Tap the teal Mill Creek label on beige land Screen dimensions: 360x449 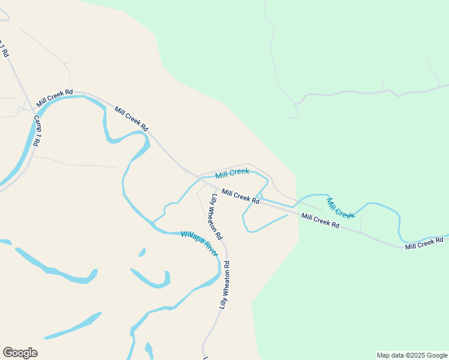coord(232,173)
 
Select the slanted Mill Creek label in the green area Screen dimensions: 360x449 coord(340,208)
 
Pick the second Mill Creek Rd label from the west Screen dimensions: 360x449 coord(131,119)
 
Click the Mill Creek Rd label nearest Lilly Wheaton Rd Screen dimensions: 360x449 coord(240,196)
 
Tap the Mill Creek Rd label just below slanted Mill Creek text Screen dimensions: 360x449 coord(320,220)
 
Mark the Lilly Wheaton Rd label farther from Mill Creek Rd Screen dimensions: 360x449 coord(224,284)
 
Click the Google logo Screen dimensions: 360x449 coord(20,353)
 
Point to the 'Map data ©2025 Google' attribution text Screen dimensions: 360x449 coord(412,355)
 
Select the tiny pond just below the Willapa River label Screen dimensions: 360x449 coord(142,253)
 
